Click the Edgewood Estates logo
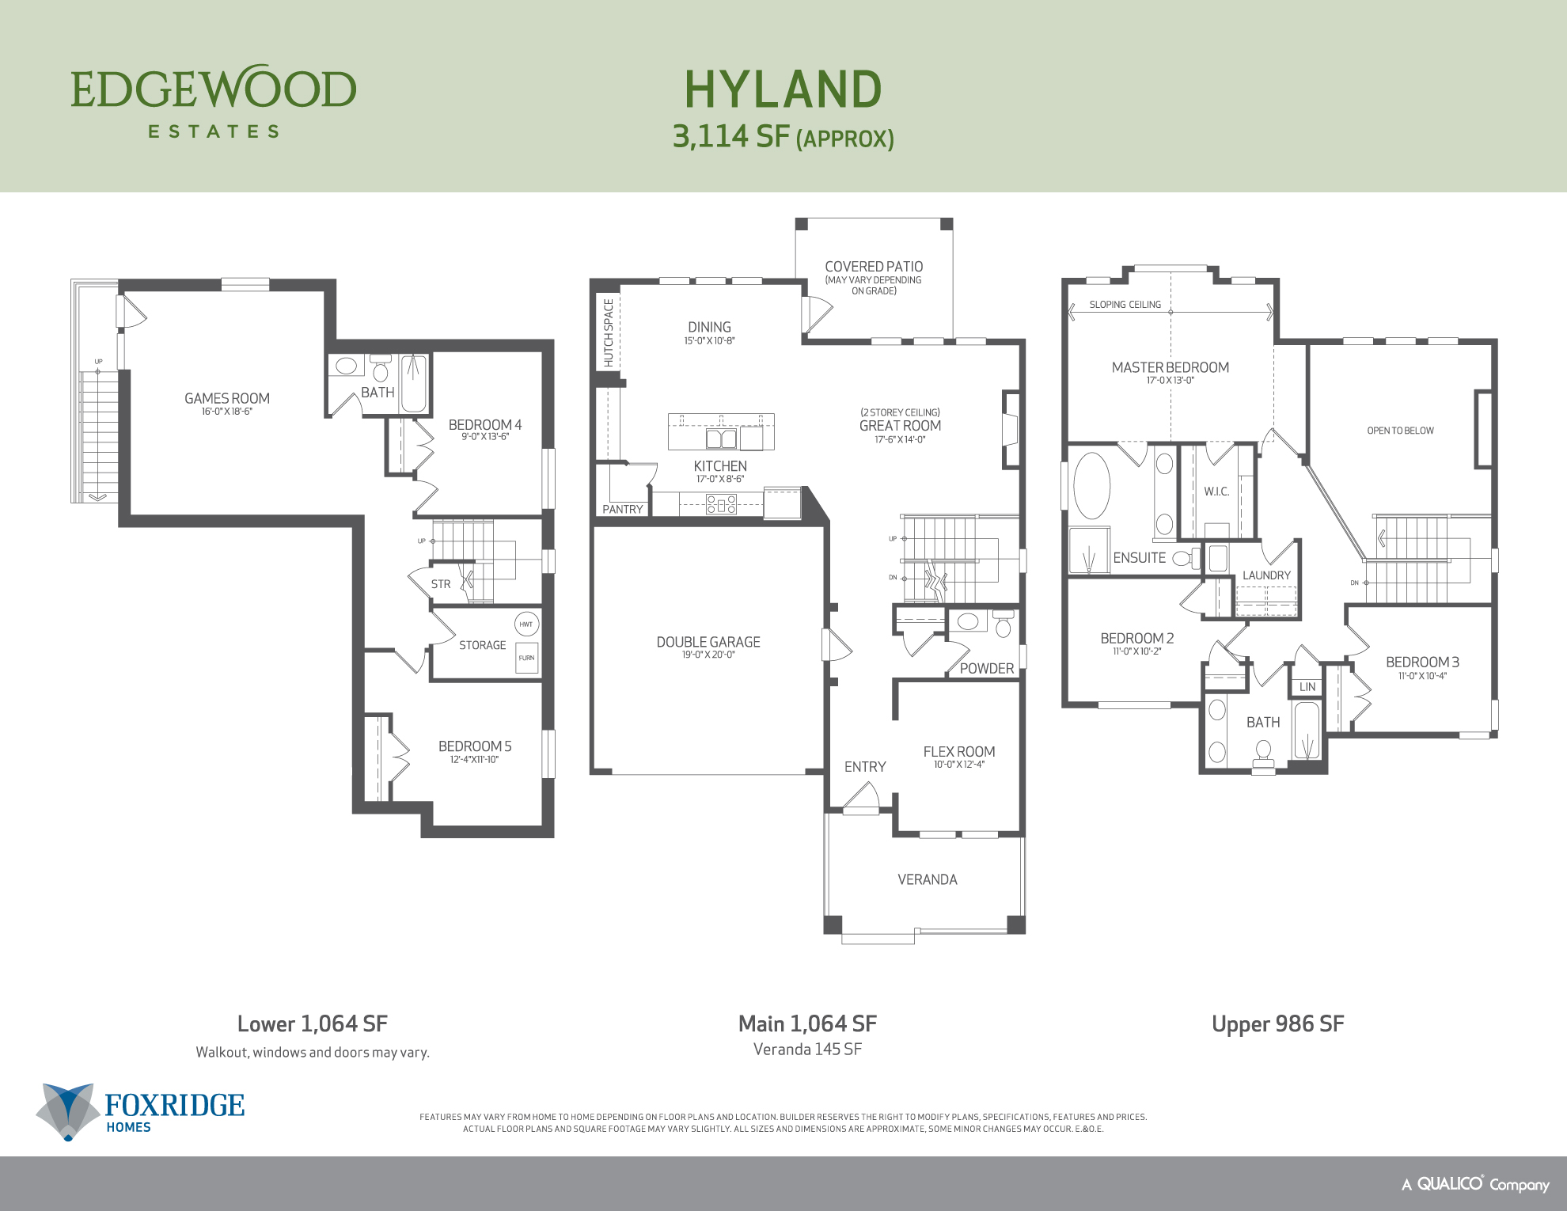[214, 101]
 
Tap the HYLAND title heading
[783, 89]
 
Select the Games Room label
[227, 398]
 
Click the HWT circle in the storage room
[526, 624]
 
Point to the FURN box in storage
[526, 658]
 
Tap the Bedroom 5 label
[475, 746]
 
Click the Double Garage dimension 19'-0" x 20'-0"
[708, 655]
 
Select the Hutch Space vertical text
[608, 332]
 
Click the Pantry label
[623, 509]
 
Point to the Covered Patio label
[874, 267]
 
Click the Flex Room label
[958, 752]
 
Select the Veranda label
[927, 879]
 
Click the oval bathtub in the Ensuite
[1092, 485]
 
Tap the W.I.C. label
[1216, 492]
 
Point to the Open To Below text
[1400, 431]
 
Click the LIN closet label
[1307, 687]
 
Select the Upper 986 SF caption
[1277, 1023]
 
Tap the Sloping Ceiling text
[1125, 305]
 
